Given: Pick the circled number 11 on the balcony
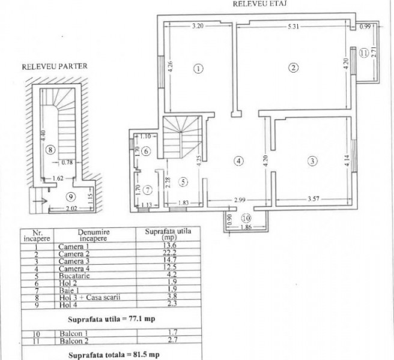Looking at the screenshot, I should tap(363, 53).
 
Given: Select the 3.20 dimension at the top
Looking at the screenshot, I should tap(199, 26).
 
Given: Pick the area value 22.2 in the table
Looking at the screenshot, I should tap(154, 254).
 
